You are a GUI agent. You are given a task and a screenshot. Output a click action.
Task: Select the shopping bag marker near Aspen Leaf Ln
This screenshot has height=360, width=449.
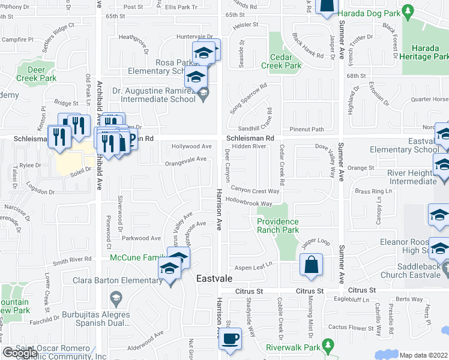(x=312, y=265)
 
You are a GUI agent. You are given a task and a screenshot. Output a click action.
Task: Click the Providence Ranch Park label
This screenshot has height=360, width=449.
(x=278, y=226)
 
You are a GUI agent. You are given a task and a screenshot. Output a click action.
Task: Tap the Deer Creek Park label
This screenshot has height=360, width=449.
(x=36, y=74)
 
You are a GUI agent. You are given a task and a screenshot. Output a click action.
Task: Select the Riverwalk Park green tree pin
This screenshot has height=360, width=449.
(x=327, y=346)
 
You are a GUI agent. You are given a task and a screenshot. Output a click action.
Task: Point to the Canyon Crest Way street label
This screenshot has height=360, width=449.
(x=256, y=191)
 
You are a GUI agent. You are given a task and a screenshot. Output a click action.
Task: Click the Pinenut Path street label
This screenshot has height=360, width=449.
(x=306, y=128)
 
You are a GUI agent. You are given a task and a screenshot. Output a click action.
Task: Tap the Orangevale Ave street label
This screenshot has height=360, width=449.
(x=187, y=159)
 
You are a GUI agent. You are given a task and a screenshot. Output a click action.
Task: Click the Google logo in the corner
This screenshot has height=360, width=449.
(x=20, y=353)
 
